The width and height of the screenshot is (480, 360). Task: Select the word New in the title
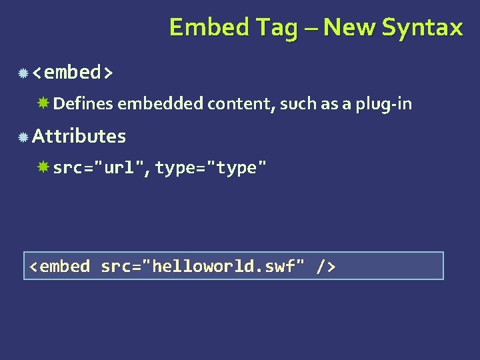click(x=351, y=27)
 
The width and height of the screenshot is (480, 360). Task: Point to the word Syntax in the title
click(x=423, y=28)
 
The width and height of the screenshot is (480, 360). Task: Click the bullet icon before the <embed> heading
click(x=23, y=72)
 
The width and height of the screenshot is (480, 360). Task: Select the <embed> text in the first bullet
click(x=73, y=71)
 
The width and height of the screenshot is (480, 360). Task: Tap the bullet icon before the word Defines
click(x=43, y=103)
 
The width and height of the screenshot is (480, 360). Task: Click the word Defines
click(x=83, y=104)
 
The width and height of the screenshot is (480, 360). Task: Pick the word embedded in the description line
click(x=161, y=104)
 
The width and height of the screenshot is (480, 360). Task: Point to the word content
click(x=239, y=104)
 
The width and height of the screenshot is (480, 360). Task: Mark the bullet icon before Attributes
click(x=23, y=137)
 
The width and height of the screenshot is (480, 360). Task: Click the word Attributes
click(x=79, y=136)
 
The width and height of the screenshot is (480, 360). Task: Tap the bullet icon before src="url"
click(x=43, y=167)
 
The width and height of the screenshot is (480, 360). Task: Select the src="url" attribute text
click(x=101, y=168)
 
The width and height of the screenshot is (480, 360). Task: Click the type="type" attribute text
click(x=211, y=168)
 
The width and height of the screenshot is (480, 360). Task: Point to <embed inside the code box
click(x=59, y=267)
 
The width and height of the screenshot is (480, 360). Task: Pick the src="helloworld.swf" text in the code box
click(x=203, y=267)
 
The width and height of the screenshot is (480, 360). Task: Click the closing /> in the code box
click(x=326, y=267)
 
